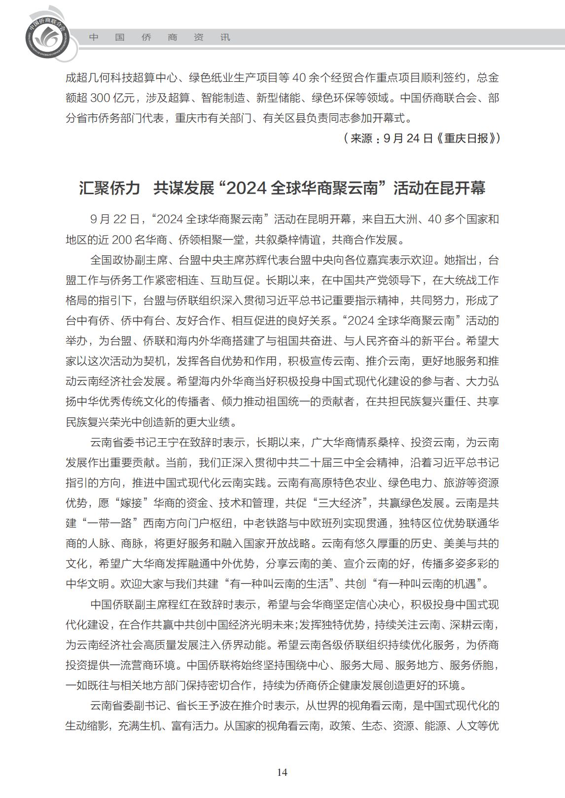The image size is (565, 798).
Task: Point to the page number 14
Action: pyautogui.click(x=282, y=772)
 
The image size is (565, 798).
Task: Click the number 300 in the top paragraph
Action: pyautogui.click(x=103, y=98)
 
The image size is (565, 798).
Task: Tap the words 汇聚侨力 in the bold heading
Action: pyautogui.click(x=109, y=188)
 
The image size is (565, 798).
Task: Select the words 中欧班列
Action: pyautogui.click(x=321, y=523)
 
